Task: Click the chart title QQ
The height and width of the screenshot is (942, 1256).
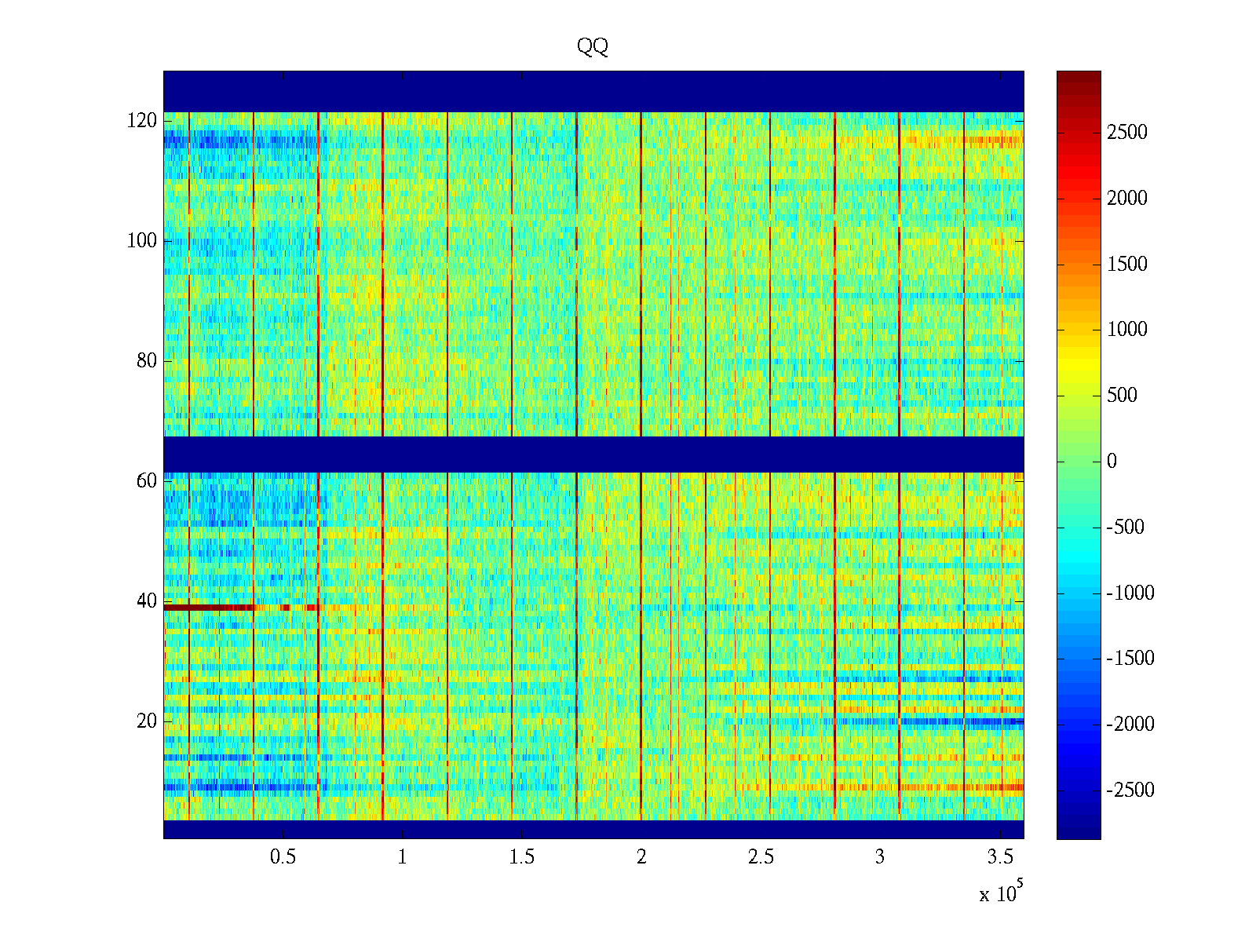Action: tap(593, 47)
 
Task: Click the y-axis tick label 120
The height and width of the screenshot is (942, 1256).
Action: tap(142, 121)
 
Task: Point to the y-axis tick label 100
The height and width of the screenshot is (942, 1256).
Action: tap(142, 241)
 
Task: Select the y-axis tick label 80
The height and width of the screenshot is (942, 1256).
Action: tap(147, 361)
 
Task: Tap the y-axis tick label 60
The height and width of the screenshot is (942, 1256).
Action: tap(147, 481)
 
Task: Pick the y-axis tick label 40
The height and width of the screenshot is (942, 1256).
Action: tap(147, 601)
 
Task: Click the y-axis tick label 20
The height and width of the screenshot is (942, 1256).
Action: tap(147, 721)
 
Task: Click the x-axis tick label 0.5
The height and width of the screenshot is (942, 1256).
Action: tap(283, 857)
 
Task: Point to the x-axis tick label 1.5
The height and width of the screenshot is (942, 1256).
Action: tap(522, 857)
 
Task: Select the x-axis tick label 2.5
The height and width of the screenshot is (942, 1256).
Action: tap(761, 857)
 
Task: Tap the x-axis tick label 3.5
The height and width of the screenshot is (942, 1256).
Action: tap(1000, 857)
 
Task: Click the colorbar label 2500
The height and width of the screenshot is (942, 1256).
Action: tap(1127, 133)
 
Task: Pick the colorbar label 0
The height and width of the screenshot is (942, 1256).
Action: tap(1112, 462)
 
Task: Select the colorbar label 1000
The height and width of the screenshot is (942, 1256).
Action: tap(1127, 330)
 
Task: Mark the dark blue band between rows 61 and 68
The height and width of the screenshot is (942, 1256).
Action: tap(593, 455)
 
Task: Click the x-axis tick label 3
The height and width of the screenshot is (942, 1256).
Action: tap(880, 857)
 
